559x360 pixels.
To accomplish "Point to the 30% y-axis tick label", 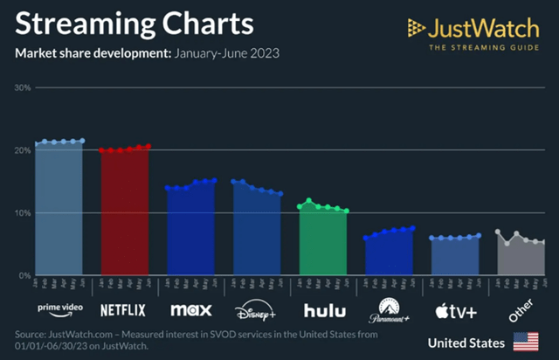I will coord(22,87).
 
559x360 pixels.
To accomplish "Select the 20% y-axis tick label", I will coord(22,150).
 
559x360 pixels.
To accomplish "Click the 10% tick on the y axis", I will coord(22,213).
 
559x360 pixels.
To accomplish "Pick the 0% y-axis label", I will coord(24,275).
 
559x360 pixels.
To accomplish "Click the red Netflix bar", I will coord(125,214).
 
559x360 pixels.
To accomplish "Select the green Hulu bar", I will coord(323,245).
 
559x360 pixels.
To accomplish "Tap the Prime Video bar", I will coord(59,210).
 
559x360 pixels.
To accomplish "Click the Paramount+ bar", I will coord(389,255).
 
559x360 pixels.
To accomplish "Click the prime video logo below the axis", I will coord(59,308).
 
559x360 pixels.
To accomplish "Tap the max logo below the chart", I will coord(190,308).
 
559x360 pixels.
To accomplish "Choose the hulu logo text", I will coord(323,308).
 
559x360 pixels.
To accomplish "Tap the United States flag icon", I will coord(526,342).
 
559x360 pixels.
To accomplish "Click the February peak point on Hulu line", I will coord(308,201).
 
